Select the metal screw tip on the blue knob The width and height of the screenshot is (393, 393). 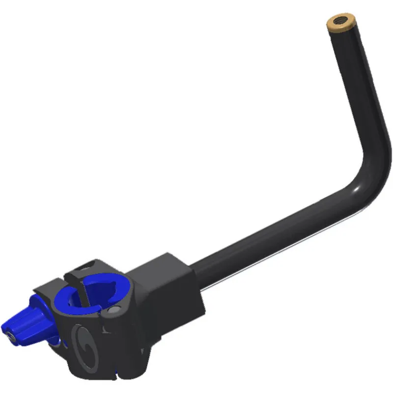tap(11, 337)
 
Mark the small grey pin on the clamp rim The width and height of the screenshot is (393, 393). tap(113, 310)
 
